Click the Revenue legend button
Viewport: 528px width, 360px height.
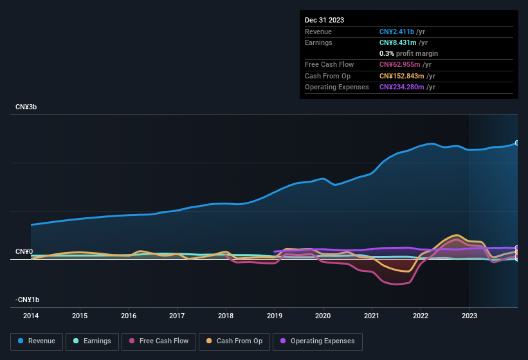point(37,341)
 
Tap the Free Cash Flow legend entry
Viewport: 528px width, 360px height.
point(159,341)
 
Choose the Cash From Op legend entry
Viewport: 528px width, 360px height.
point(235,341)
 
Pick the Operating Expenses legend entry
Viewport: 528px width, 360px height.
point(318,341)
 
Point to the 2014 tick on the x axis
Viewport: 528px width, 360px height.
point(31,316)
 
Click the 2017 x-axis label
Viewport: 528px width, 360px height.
point(177,316)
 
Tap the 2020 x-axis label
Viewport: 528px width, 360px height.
point(323,316)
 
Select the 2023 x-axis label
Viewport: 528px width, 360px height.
point(469,316)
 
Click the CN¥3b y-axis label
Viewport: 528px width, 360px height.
point(26,107)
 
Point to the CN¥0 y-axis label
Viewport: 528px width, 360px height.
point(24,251)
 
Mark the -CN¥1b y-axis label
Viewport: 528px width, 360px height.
point(28,300)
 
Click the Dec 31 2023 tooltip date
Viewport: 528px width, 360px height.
point(324,20)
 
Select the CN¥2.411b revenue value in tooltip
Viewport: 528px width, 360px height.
point(400,32)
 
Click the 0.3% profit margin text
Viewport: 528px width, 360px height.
point(408,53)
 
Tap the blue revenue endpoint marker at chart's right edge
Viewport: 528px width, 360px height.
point(517,143)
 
